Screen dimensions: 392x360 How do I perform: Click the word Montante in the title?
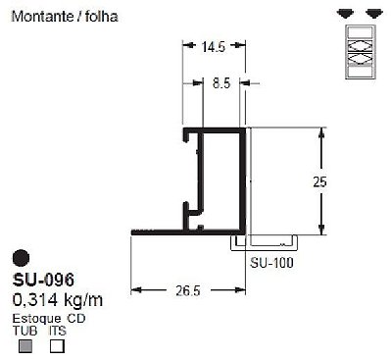click(42, 17)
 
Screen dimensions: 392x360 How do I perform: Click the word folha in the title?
click(102, 17)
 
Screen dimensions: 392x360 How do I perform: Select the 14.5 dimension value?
click(214, 47)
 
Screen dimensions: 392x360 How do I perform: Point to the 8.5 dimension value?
click(221, 83)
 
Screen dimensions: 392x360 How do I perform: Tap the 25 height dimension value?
click(319, 181)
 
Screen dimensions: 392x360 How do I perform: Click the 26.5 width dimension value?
click(188, 290)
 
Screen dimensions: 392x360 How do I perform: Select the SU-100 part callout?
click(271, 263)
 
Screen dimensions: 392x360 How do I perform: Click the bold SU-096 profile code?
click(43, 280)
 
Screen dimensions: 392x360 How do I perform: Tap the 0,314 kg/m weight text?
click(58, 300)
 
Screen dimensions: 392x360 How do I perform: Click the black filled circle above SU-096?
click(21, 258)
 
